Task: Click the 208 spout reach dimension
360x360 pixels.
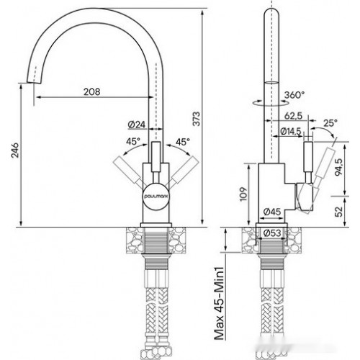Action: point(92,91)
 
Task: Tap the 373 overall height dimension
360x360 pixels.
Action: point(197,119)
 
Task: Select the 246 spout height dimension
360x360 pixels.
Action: point(15,150)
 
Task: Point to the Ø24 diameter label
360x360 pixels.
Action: point(137,125)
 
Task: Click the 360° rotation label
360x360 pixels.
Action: point(294,95)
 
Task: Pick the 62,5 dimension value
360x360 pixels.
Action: point(293,116)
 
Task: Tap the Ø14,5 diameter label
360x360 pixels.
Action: point(291,131)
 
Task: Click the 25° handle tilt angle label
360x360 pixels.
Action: point(330,123)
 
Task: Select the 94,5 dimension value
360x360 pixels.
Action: point(338,167)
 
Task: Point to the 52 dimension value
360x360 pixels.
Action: point(338,212)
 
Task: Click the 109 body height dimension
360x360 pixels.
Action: point(243,194)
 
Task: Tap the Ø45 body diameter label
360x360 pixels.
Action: point(272,212)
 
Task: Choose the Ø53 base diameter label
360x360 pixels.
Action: point(272,233)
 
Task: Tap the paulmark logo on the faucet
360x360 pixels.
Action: point(156,196)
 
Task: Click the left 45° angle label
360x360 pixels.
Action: point(133,141)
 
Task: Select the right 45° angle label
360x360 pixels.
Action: point(183,142)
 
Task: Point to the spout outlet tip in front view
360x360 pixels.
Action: point(32,83)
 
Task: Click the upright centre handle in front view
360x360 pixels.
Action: point(156,157)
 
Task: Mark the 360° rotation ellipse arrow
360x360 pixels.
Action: point(271,103)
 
